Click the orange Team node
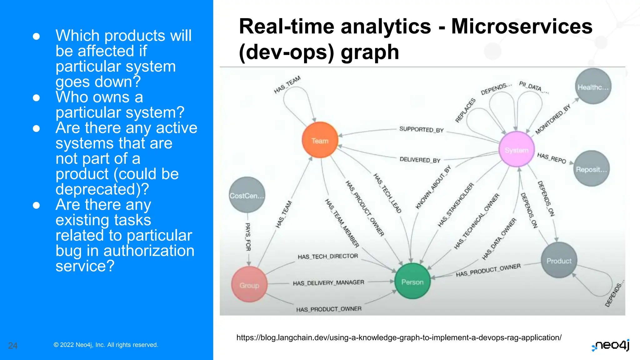click(x=320, y=140)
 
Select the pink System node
click(x=517, y=150)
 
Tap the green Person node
click(x=412, y=282)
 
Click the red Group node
click(x=249, y=285)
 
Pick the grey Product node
click(x=559, y=260)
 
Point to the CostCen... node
click(x=247, y=195)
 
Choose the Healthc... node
click(x=593, y=87)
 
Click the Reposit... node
click(x=591, y=169)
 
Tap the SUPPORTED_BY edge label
click(x=421, y=129)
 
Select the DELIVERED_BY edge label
click(x=420, y=160)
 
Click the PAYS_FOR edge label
click(x=248, y=237)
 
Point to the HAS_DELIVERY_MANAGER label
click(x=328, y=282)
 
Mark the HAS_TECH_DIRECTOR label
click(x=328, y=256)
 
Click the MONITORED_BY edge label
click(x=553, y=119)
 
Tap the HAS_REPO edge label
click(x=552, y=158)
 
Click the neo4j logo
click(x=611, y=345)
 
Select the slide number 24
click(x=13, y=345)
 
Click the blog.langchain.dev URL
click(x=399, y=337)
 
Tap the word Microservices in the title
click(x=522, y=26)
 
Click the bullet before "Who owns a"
click(x=36, y=98)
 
